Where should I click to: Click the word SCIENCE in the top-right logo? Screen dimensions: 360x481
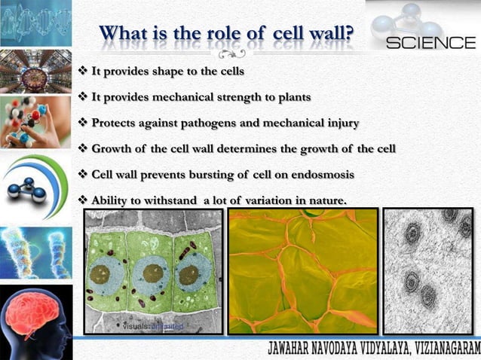[x=430, y=43]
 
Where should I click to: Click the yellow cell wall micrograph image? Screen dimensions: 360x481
[x=302, y=271]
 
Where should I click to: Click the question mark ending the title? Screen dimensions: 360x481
[x=351, y=34]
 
